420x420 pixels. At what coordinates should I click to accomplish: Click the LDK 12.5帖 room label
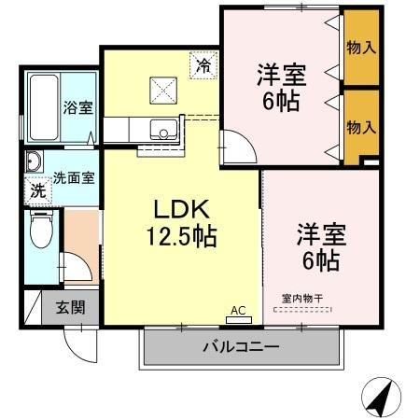[180, 221]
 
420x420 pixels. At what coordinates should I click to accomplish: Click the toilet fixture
[41, 231]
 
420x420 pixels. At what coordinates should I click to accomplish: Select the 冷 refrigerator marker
[203, 65]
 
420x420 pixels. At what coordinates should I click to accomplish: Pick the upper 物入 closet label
[360, 47]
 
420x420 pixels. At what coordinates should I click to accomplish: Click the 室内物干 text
[301, 299]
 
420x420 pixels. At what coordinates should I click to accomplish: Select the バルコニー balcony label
[241, 348]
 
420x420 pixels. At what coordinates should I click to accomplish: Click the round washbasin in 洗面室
[34, 161]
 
